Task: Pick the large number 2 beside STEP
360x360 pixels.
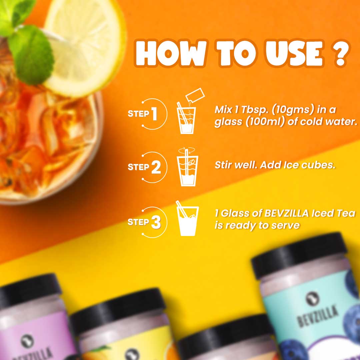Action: pyautogui.click(x=155, y=167)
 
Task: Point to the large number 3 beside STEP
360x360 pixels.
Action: pyautogui.click(x=156, y=223)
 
